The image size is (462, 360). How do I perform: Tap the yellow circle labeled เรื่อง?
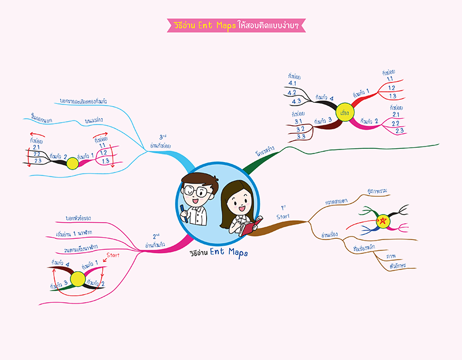[x=347, y=107]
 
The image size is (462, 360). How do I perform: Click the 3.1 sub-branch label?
[x=299, y=121]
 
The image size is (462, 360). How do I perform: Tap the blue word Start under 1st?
[x=283, y=217]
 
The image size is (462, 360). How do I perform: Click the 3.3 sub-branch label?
[x=301, y=137]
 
